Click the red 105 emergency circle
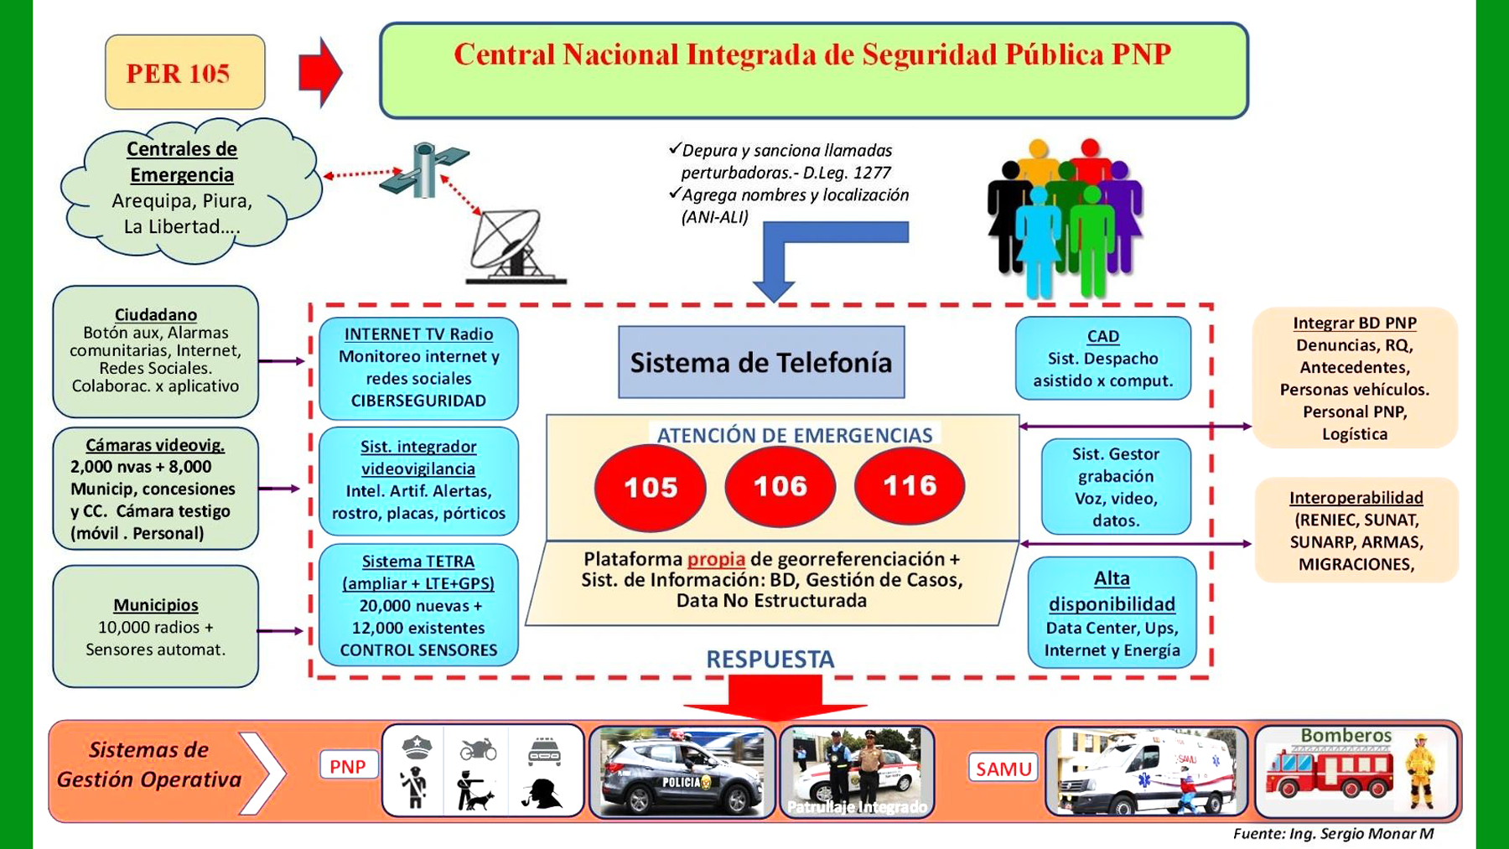click(650, 488)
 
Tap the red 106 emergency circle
click(780, 486)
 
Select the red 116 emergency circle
click(910, 486)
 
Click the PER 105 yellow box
click(185, 72)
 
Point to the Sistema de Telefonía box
click(761, 362)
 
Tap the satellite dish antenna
click(514, 246)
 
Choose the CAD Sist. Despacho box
click(1102, 358)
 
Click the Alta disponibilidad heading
click(1112, 591)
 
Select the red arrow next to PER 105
click(320, 72)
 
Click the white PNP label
click(348, 766)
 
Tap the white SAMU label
click(1003, 768)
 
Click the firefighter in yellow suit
click(1420, 771)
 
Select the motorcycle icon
click(478, 748)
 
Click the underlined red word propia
click(716, 559)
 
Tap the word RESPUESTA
click(770, 660)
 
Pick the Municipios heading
click(156, 605)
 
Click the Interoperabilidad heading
click(1356, 498)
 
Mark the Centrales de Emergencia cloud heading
click(182, 162)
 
